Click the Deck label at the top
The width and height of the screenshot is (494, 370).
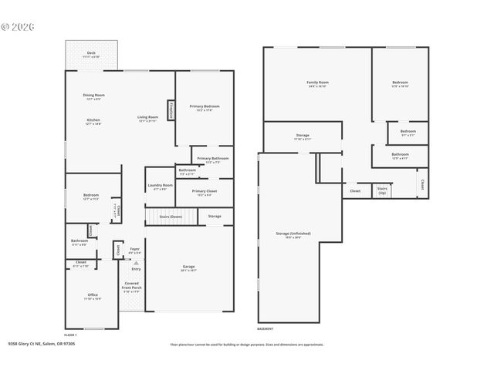point(91,54)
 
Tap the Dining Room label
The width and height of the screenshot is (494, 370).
point(93,96)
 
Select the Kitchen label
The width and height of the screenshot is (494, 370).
point(93,119)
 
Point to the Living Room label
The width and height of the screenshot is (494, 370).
point(147,117)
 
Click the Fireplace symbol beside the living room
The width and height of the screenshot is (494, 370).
point(171,110)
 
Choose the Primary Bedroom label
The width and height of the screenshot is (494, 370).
point(205,107)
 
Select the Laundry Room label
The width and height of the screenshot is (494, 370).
point(160,185)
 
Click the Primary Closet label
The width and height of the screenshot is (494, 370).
point(205,191)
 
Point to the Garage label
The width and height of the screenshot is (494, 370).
point(189,267)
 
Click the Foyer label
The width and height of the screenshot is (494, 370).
point(134,249)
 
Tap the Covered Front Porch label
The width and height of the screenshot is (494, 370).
point(132,286)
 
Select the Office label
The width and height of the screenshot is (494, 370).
point(92,295)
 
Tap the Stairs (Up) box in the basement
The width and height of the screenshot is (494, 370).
point(382,189)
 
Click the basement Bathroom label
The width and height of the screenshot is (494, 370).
point(400,154)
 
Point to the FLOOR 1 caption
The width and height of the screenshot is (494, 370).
point(71,335)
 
